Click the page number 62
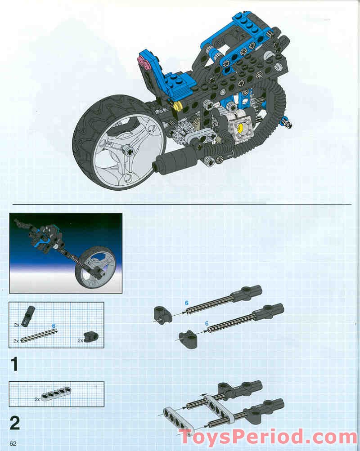click(13, 443)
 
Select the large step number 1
click(15, 363)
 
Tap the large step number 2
click(15, 423)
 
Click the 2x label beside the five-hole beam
click(37, 399)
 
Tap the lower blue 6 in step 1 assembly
click(207, 323)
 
